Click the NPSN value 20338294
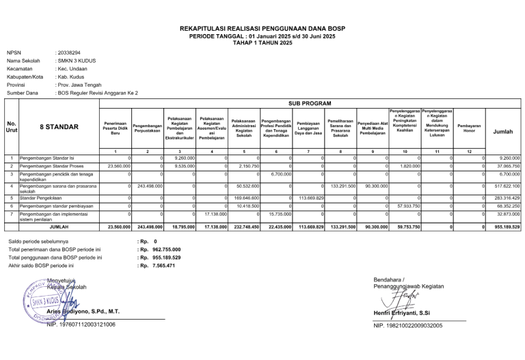point(69,53)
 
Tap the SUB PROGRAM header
point(310,103)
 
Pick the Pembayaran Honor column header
point(469,128)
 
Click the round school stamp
point(42,301)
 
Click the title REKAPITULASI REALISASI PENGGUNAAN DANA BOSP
point(262,29)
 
